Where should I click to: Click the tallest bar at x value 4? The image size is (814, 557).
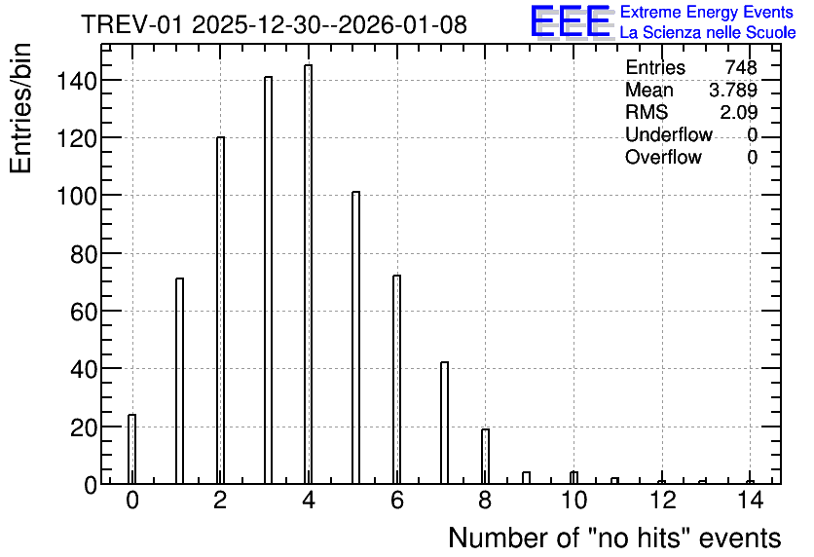[x=309, y=275]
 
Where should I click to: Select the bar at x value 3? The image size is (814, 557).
[x=268, y=280]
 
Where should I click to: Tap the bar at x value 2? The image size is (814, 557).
[x=221, y=311]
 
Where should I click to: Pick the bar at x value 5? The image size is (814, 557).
[x=355, y=338]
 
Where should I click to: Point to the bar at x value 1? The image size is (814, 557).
[x=179, y=381]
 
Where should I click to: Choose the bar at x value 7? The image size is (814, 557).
[x=444, y=423]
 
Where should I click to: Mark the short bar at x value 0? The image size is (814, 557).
[x=131, y=449]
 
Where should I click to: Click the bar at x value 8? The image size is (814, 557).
[x=485, y=457]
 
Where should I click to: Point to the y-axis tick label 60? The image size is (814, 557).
[x=84, y=312]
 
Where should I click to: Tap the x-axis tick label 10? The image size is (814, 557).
[x=573, y=501]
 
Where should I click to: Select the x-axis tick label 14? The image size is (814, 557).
[x=750, y=501]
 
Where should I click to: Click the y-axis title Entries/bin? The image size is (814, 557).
[x=20, y=108]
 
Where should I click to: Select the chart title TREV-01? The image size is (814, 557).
[x=131, y=24]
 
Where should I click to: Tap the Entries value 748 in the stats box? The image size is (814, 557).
[x=741, y=67]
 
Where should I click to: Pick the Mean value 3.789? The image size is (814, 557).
[x=733, y=90]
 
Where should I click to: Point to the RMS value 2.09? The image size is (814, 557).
[x=738, y=112]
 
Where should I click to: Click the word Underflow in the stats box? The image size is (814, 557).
[x=669, y=134]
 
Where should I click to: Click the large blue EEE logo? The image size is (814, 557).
[x=571, y=21]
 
